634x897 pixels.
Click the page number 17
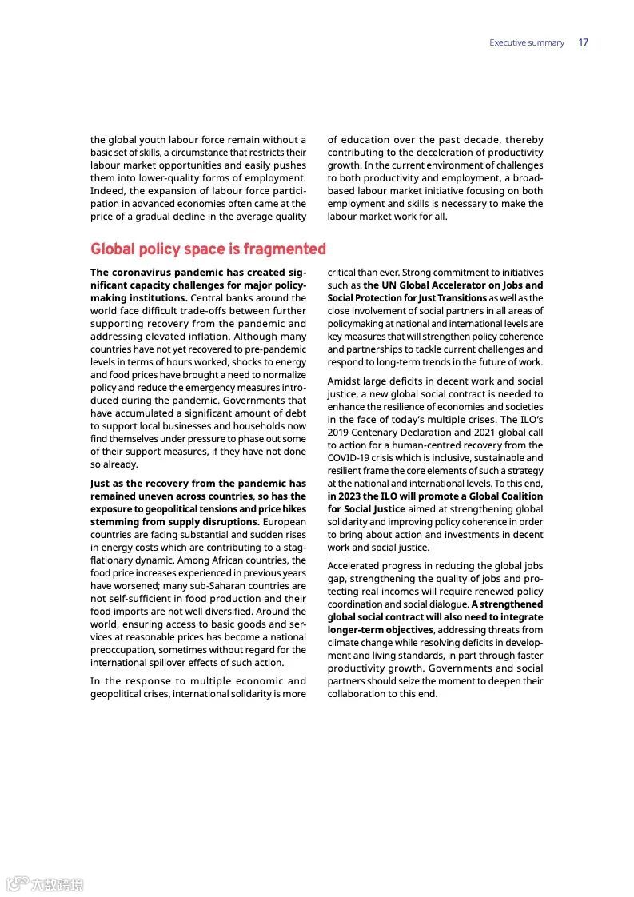584,42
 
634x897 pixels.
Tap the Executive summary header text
527,42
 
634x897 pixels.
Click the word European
284,522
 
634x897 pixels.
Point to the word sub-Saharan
209,586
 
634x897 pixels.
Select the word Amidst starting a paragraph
344,381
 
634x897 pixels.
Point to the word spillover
166,663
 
